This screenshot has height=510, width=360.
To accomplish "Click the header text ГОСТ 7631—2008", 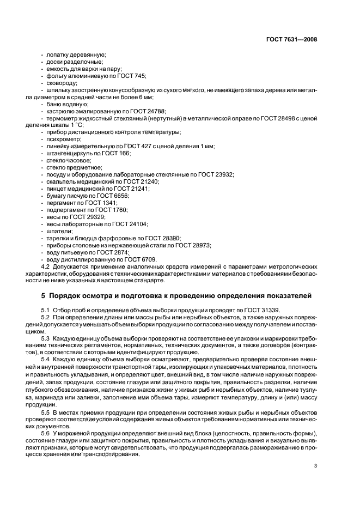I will (x=292, y=39).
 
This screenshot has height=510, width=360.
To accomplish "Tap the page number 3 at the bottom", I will (x=315, y=465).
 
